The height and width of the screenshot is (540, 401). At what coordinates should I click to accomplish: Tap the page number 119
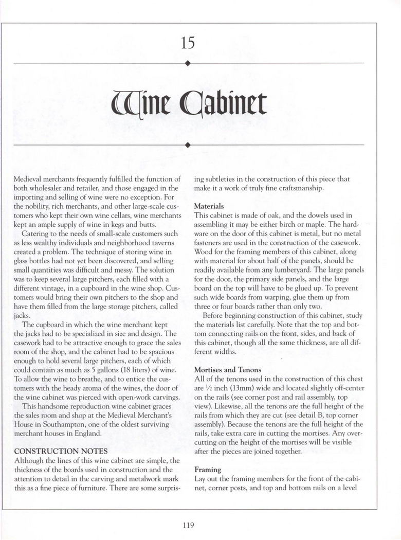(x=188, y=525)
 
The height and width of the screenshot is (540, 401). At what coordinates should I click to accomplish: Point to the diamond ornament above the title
(x=188, y=63)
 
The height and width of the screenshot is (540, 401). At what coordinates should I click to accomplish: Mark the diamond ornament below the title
(x=188, y=145)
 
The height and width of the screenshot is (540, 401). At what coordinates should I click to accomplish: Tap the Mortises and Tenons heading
(x=228, y=370)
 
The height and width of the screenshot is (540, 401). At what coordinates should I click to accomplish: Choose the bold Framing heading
(x=207, y=470)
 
